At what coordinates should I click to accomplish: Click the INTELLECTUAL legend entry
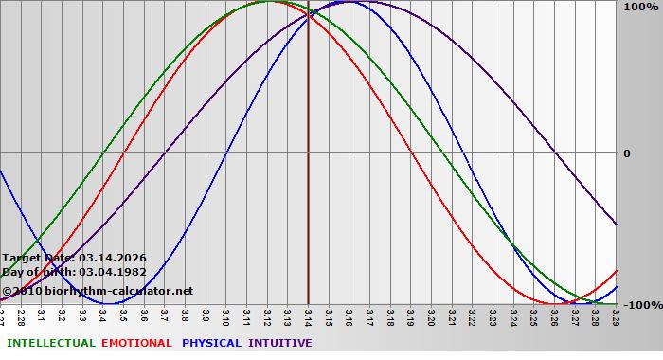click(x=50, y=343)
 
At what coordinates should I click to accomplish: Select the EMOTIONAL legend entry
click(x=136, y=343)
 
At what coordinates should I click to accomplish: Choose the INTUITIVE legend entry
click(x=280, y=343)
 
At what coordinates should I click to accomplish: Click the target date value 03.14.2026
click(x=113, y=258)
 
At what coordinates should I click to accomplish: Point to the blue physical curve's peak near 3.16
click(x=349, y=2)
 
